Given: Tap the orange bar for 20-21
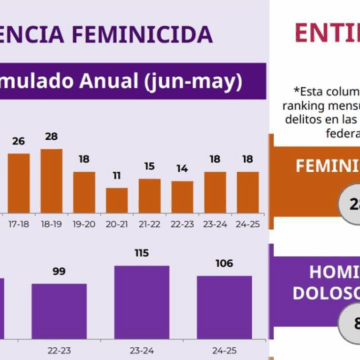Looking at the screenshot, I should point(117,200).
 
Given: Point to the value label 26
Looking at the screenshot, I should point(19,141).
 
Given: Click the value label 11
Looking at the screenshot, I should point(117,174).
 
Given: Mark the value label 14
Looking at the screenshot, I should point(181,167).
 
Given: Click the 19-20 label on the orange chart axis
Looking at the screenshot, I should point(84,226).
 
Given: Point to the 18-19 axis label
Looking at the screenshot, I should point(51,226).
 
